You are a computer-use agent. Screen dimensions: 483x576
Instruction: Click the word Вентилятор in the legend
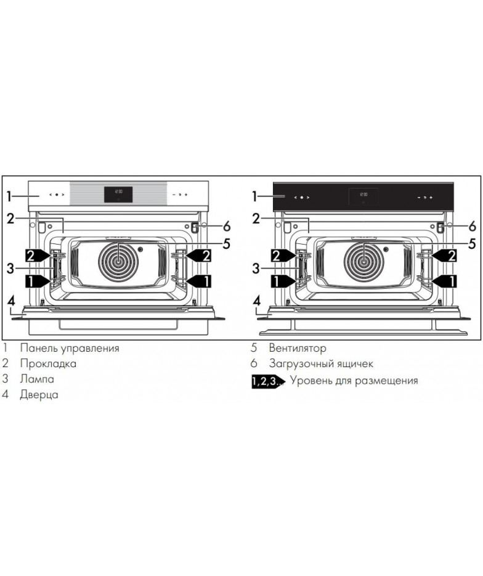[298, 348]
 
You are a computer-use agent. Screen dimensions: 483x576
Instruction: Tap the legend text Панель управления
[70, 348]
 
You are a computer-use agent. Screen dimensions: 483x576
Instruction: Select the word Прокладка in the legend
[48, 363]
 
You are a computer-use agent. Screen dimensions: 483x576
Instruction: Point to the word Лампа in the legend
[37, 379]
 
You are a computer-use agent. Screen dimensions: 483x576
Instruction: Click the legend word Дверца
[39, 395]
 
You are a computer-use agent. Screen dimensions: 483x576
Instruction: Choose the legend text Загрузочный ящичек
[321, 363]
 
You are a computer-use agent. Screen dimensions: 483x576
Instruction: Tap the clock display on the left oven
[118, 194]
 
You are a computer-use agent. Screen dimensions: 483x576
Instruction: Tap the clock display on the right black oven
[363, 197]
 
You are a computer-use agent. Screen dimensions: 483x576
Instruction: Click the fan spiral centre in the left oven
[118, 262]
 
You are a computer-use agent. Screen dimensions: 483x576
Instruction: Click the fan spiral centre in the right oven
[364, 262]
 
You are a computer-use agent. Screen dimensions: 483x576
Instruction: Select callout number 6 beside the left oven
[227, 226]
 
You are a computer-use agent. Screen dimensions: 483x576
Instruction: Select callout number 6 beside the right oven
[473, 226]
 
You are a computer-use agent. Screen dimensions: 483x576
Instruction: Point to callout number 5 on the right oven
[472, 243]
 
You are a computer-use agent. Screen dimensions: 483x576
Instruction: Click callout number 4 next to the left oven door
[12, 301]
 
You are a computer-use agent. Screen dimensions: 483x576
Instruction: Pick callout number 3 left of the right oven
[256, 269]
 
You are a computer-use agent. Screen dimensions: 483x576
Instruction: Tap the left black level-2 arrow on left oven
[38, 255]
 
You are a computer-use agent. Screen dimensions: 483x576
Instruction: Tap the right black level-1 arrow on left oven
[199, 282]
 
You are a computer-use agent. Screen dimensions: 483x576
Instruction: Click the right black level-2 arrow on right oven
[444, 255]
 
